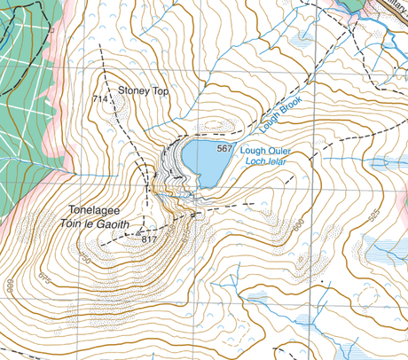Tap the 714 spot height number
98,100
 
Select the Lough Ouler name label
265,152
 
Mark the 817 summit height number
148,239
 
